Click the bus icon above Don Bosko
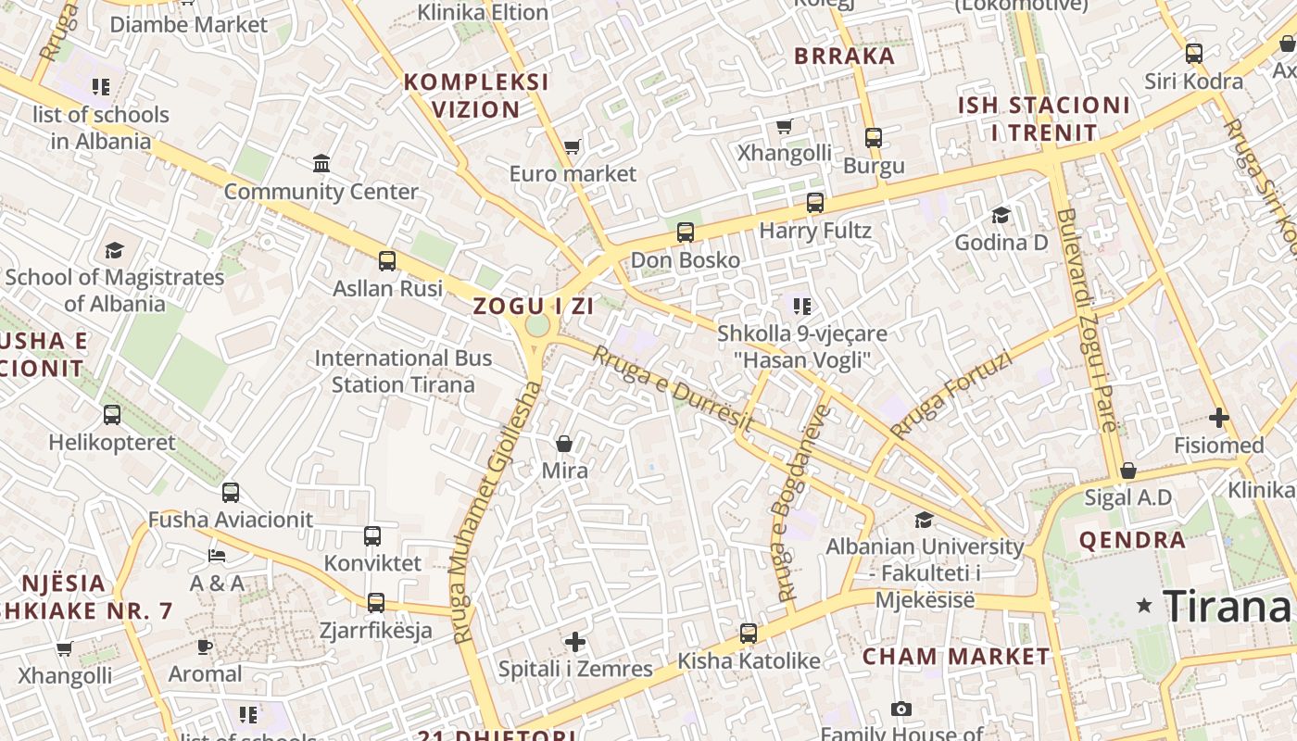point(686,232)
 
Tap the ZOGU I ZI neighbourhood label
point(533,306)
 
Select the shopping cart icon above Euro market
point(573,146)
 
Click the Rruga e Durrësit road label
point(673,388)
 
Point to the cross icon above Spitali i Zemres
point(575,641)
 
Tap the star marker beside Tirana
point(1145,606)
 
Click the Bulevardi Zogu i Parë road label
point(1087,320)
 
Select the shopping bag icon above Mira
point(564,444)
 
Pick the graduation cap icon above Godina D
point(1001,216)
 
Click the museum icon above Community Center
point(321,164)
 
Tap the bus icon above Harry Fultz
point(815,203)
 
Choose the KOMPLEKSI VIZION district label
point(477,95)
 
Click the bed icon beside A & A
point(217,556)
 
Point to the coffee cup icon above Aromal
point(205,647)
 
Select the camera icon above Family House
point(900,710)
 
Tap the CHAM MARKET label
point(957,657)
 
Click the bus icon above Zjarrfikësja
point(375,603)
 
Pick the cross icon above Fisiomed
point(1218,418)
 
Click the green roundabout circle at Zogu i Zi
point(537,326)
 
